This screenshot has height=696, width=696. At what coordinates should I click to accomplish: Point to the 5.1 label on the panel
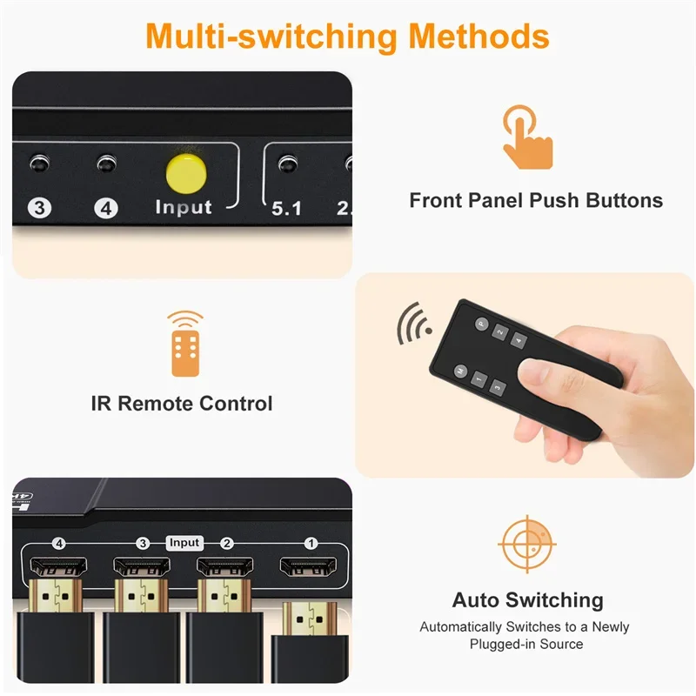[x=285, y=209]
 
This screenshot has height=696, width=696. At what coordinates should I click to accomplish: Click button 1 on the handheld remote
[x=479, y=378]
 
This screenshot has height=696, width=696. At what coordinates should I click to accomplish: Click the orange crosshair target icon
[x=527, y=545]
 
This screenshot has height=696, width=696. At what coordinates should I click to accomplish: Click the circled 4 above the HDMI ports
[x=59, y=544]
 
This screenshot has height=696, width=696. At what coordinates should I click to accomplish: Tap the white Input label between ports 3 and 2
[x=184, y=543]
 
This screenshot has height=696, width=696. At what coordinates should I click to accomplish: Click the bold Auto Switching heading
[x=527, y=600]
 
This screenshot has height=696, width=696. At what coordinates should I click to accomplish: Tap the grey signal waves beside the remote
[x=411, y=324]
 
